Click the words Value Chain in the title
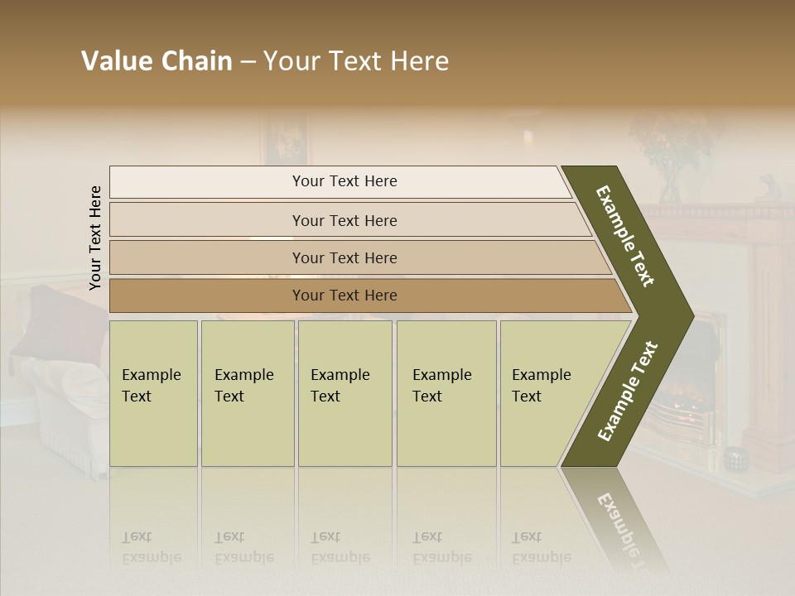tap(157, 61)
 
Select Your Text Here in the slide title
tap(356, 61)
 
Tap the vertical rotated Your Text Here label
tap(95, 238)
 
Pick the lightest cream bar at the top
tap(344, 181)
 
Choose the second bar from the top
tap(344, 220)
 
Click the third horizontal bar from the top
tap(344, 257)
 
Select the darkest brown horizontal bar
tap(344, 296)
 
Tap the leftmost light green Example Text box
tap(153, 393)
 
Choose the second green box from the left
tap(247, 393)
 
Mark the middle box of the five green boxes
tap(344, 393)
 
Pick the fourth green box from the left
tap(446, 393)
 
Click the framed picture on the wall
tap(286, 139)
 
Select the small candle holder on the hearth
tap(733, 456)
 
